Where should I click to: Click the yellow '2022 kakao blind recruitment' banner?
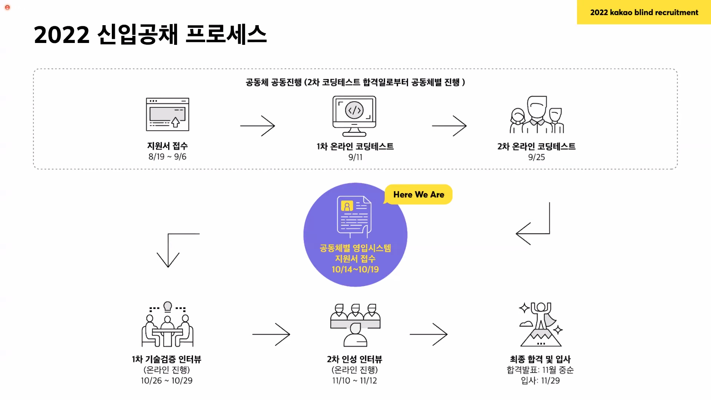click(644, 12)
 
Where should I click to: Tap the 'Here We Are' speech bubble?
click(418, 194)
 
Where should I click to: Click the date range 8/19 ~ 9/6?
click(167, 157)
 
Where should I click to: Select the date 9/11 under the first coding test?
click(355, 157)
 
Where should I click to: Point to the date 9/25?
click(536, 157)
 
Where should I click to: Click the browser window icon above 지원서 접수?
click(167, 114)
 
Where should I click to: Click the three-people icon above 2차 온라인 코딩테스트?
click(537, 115)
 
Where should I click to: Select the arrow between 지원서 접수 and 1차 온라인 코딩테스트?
click(257, 126)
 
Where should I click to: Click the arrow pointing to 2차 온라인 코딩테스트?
click(449, 126)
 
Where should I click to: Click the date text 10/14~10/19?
click(355, 269)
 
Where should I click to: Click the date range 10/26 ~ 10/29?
click(167, 380)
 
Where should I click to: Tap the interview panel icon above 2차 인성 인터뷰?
click(355, 325)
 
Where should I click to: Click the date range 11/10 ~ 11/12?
click(354, 380)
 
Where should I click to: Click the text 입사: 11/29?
click(540, 380)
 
